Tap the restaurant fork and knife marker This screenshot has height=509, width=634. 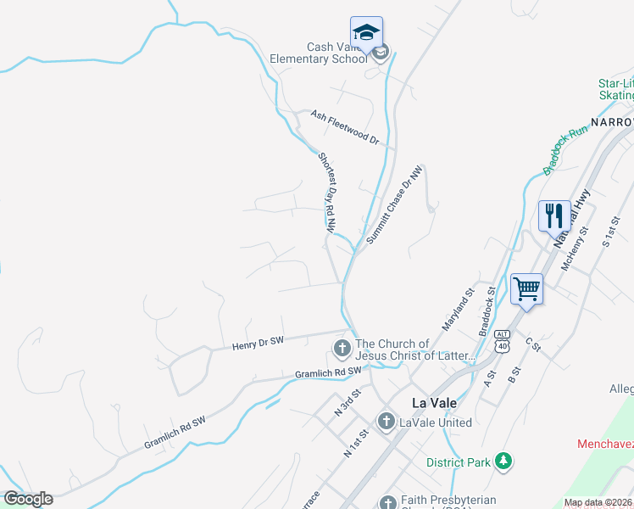click(554, 215)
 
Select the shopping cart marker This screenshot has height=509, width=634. click(526, 288)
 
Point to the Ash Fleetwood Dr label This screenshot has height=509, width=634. click(344, 126)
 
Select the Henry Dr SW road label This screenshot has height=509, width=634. click(258, 342)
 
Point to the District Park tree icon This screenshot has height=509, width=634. click(504, 461)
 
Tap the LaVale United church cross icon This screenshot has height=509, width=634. click(386, 422)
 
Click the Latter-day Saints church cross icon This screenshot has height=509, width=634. click(342, 348)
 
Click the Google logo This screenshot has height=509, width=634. click(28, 499)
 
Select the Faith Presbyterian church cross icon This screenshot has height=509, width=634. click(388, 502)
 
